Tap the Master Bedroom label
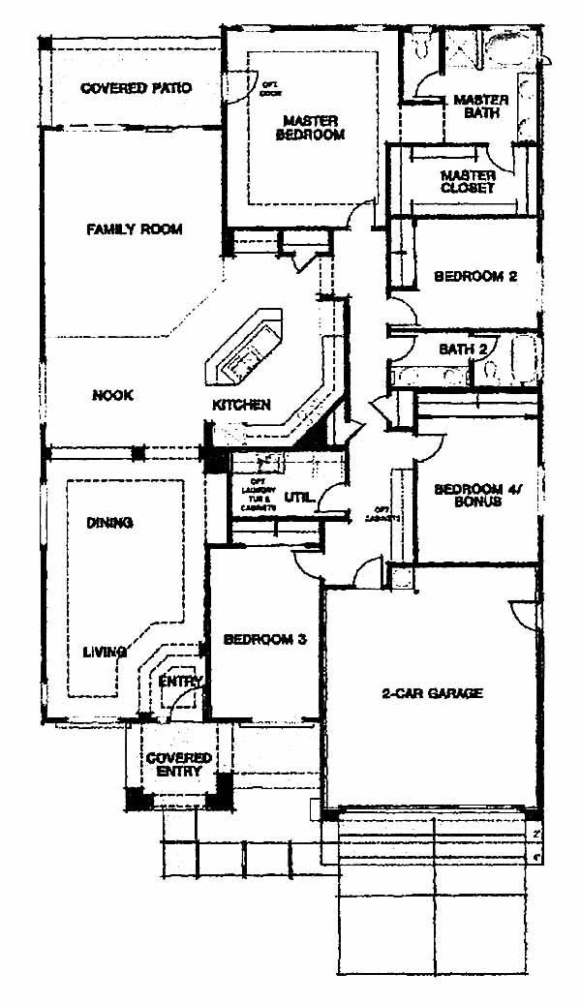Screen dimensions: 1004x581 click(311, 128)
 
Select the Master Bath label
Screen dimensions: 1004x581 click(475, 106)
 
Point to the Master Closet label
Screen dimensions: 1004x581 click(468, 182)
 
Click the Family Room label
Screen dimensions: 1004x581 click(135, 229)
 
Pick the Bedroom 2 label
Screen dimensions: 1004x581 click(474, 276)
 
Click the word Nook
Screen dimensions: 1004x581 click(112, 395)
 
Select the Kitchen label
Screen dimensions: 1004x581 click(241, 404)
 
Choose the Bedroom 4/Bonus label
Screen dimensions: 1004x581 click(468, 496)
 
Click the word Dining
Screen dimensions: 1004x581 click(109, 523)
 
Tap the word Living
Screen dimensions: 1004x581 click(105, 653)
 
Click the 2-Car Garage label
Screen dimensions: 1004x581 click(431, 693)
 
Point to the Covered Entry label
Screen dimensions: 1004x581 click(178, 764)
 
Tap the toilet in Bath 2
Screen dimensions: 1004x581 click(492, 369)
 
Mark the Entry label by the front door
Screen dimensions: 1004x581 click(181, 682)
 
